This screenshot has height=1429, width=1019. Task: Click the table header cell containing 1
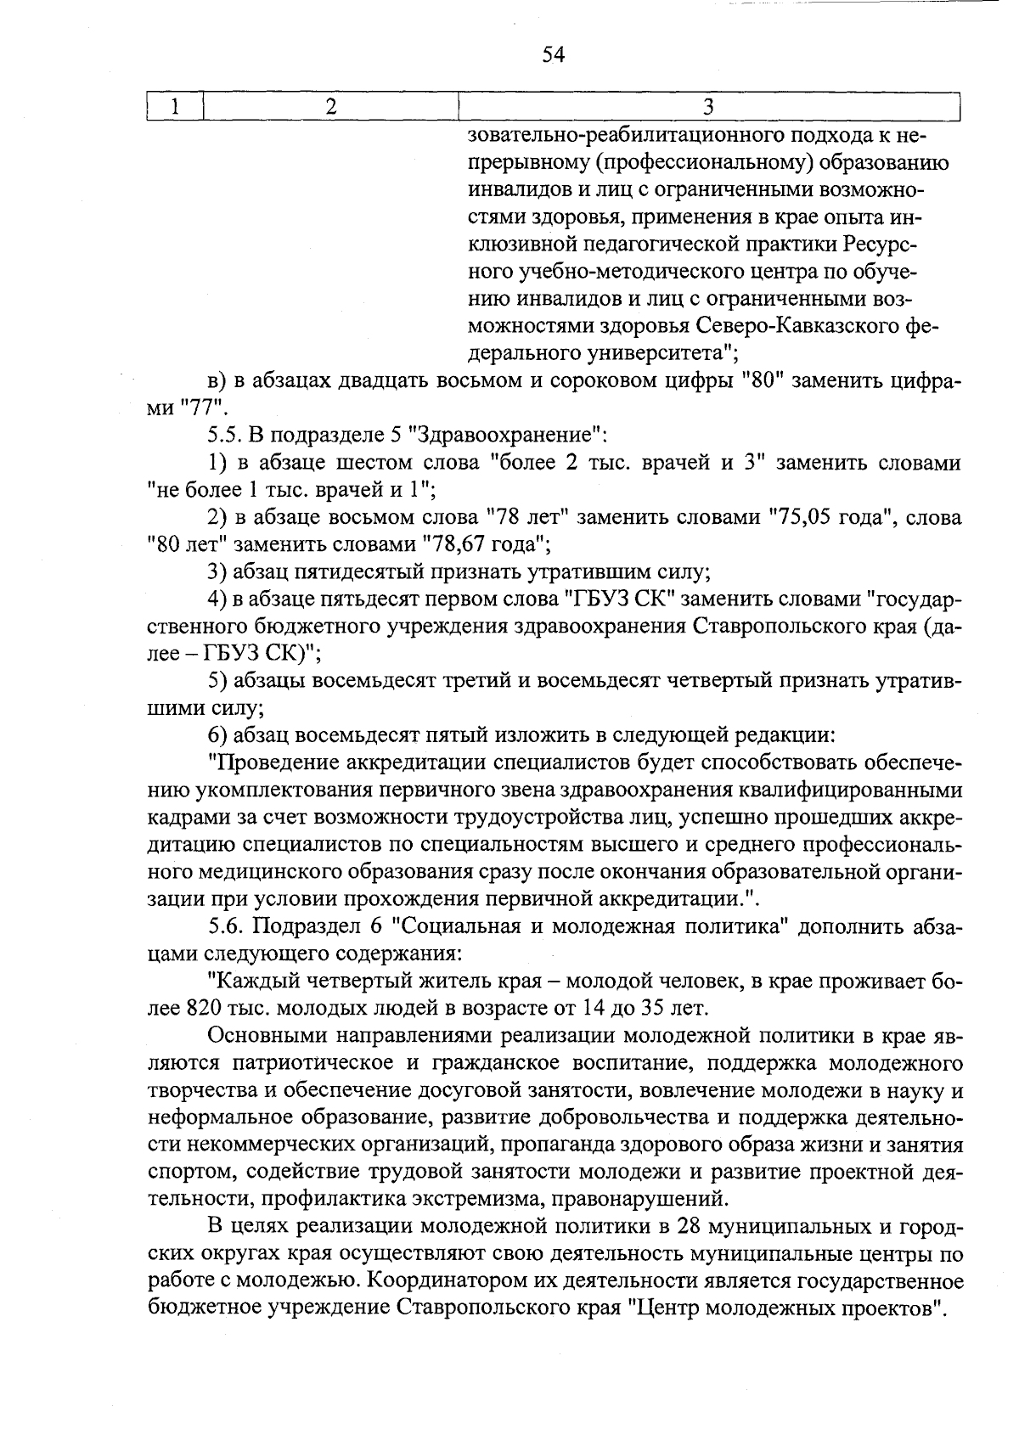click(175, 106)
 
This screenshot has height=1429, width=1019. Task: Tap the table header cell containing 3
click(707, 106)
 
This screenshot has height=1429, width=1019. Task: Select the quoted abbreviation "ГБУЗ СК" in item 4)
click(620, 599)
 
